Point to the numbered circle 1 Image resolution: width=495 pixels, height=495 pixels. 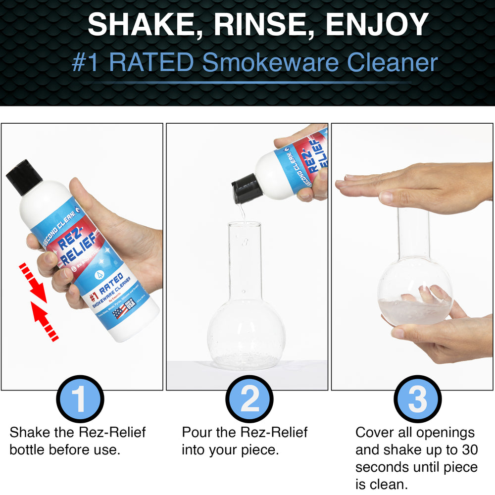pyautogui.click(x=79, y=399)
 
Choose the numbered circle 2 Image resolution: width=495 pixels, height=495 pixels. pyautogui.click(x=249, y=399)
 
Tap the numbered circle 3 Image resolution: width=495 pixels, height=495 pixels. pyautogui.click(x=417, y=399)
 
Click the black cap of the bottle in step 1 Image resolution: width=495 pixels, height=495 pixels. pyautogui.click(x=24, y=177)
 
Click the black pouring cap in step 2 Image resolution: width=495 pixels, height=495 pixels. pyautogui.click(x=247, y=190)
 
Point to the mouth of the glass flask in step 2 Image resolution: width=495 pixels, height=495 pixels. pyautogui.click(x=244, y=225)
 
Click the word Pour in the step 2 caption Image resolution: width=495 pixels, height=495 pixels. pyautogui.click(x=198, y=432)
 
